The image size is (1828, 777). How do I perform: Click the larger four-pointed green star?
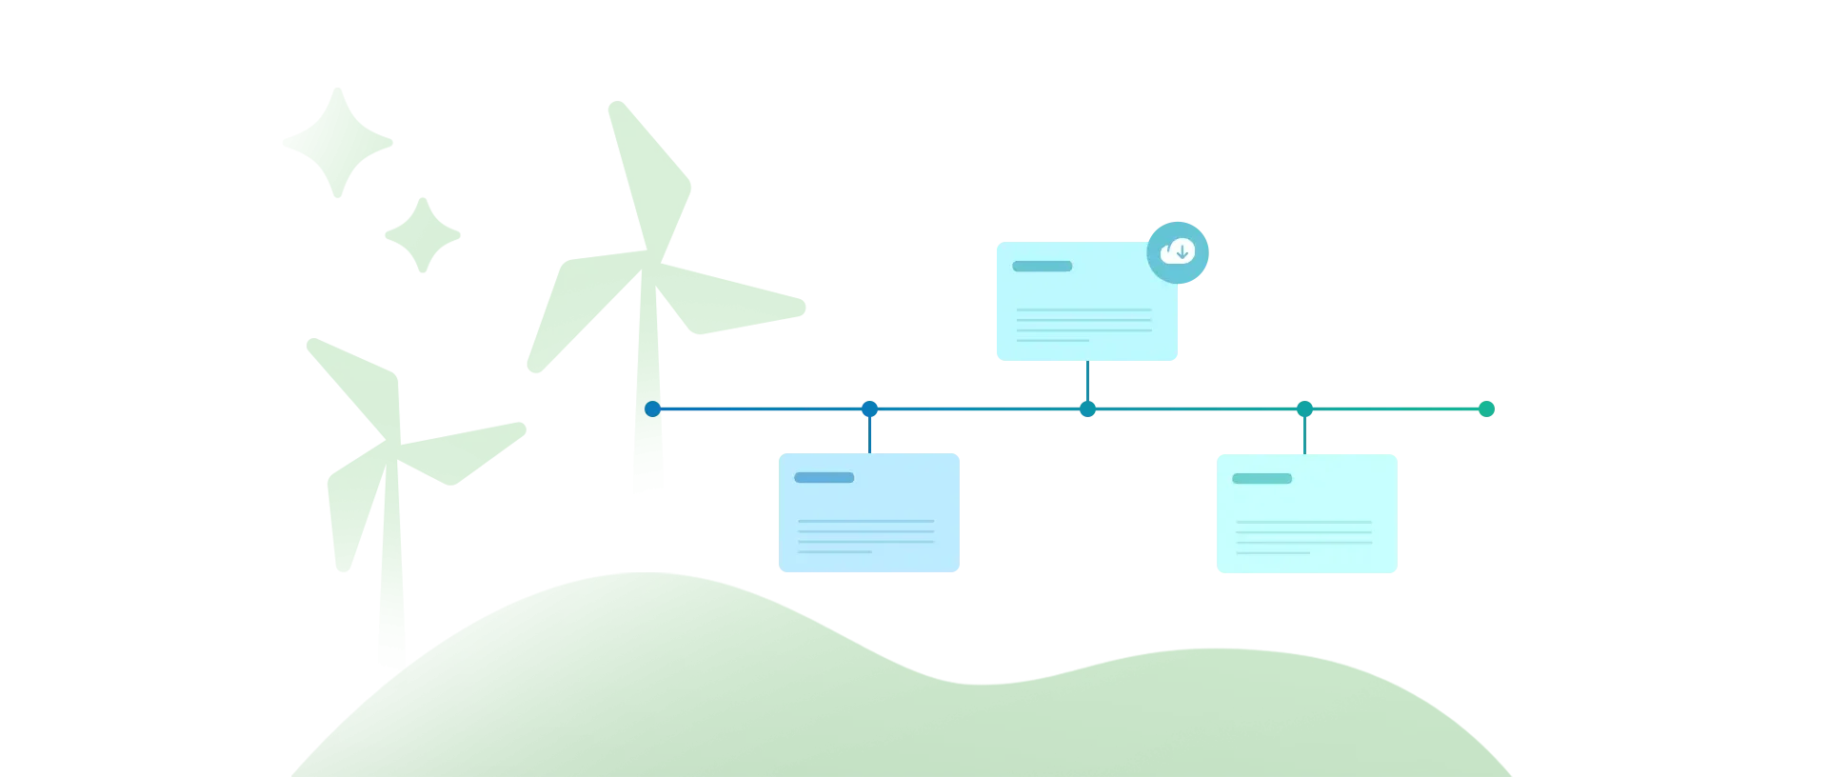pos(338,144)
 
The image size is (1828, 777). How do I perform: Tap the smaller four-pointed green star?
pos(422,234)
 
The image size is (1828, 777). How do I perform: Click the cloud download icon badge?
pos(1179,252)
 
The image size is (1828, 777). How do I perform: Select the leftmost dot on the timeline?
pos(652,409)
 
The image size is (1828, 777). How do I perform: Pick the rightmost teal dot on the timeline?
pos(1485,409)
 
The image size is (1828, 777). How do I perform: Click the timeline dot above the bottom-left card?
pos(869,409)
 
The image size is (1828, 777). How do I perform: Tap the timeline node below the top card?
pos(1086,409)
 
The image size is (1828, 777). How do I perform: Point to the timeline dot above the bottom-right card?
pos(1304,409)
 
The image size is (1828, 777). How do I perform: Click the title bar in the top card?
pos(1042,267)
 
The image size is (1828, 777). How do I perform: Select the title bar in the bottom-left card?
pos(824,477)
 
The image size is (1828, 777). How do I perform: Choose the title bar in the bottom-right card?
pos(1262,478)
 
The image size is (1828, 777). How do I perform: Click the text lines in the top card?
pos(1083,325)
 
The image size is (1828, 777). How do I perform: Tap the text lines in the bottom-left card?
pos(865,536)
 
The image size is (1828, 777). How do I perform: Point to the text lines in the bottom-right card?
pos(1303,537)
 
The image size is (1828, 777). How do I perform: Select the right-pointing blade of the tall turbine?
pos(733,302)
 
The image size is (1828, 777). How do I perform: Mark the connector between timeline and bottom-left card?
pos(870,434)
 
